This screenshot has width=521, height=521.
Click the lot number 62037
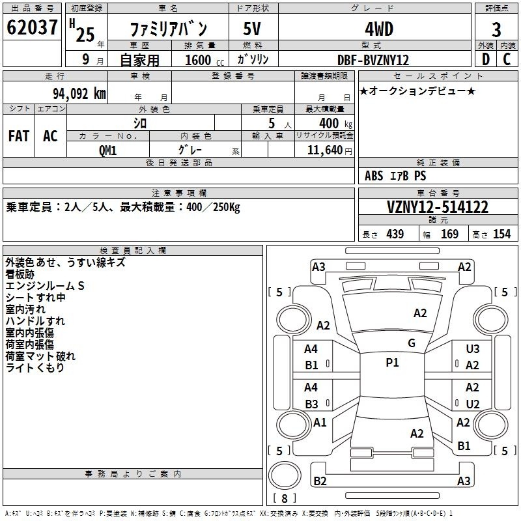pyautogui.click(x=32, y=27)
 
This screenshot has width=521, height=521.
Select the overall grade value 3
pyautogui.click(x=496, y=30)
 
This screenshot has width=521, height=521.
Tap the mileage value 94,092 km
pyautogui.click(x=79, y=94)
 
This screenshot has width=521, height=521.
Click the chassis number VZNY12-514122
pyautogui.click(x=438, y=207)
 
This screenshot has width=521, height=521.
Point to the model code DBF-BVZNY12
pyautogui.click(x=373, y=60)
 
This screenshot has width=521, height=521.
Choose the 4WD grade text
pyautogui.click(x=379, y=29)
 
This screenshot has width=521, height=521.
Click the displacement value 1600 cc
pyautogui.click(x=204, y=60)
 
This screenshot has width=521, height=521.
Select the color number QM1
pyautogui.click(x=107, y=150)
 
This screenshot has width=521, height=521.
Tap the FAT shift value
pyautogui.click(x=19, y=136)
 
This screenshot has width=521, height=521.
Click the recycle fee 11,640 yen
pyautogui.click(x=330, y=150)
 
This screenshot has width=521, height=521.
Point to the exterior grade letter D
pyautogui.click(x=486, y=59)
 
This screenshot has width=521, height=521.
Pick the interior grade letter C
pyautogui.click(x=507, y=59)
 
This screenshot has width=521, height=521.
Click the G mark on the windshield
pyautogui.click(x=412, y=343)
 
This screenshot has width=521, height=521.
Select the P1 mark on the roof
pyautogui.click(x=392, y=363)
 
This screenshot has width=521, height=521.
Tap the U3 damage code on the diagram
pyautogui.click(x=473, y=349)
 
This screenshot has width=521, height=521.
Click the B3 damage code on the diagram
pyautogui.click(x=311, y=404)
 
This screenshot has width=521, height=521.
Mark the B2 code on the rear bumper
pyautogui.click(x=320, y=481)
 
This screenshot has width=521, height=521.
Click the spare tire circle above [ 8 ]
pyautogui.click(x=285, y=475)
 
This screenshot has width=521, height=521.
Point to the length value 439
pyautogui.click(x=395, y=234)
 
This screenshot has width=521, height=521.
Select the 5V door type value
pyautogui.click(x=252, y=29)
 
